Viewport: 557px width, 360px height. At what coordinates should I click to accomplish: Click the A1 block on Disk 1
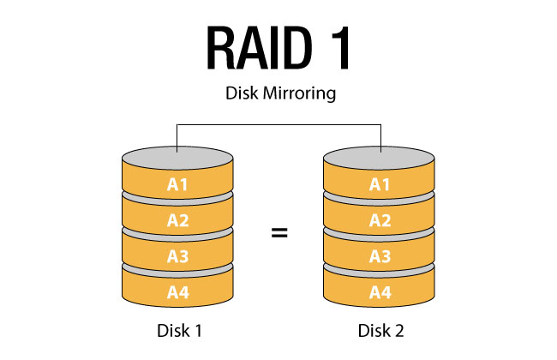(177, 183)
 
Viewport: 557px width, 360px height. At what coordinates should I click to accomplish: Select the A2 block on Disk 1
(177, 219)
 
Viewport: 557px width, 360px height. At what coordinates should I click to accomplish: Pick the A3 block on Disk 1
(177, 255)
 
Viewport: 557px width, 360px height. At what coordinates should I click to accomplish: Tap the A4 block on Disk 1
(177, 291)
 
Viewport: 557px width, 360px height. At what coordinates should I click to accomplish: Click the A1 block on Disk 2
(380, 183)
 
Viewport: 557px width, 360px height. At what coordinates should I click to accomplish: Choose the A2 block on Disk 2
(380, 219)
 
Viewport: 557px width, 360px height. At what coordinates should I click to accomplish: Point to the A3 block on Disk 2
(380, 255)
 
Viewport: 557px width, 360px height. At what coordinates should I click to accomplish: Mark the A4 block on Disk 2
(380, 291)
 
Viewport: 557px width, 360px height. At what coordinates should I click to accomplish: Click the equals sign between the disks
(278, 232)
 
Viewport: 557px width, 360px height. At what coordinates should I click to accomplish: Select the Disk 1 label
(177, 330)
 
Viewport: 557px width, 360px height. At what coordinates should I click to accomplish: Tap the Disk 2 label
(380, 330)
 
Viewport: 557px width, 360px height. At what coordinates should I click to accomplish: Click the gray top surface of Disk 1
(177, 159)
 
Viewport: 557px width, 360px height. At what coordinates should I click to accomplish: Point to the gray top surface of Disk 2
(380, 159)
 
